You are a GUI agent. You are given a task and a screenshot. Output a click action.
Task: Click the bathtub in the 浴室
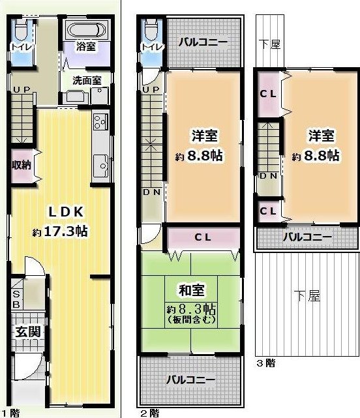tap(86, 30)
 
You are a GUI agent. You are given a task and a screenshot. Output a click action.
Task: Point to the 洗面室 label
tap(87, 80)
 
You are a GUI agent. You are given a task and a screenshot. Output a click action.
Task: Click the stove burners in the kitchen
tap(101, 121)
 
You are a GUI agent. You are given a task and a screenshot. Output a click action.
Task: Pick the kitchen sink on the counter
tap(101, 166)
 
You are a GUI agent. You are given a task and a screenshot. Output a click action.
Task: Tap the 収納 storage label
tap(22, 165)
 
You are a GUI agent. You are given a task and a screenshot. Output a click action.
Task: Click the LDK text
tap(66, 212)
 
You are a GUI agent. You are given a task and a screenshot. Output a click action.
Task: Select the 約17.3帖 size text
tap(60, 231)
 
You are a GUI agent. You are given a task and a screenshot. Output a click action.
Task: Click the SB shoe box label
tap(16, 299)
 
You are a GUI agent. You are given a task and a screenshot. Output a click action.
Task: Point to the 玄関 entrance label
tap(28, 331)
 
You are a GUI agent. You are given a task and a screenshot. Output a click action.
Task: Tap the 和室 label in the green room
tap(192, 290)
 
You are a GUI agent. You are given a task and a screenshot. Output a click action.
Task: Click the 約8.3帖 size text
tap(191, 309)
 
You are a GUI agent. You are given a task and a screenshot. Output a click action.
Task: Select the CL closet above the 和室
tap(203, 237)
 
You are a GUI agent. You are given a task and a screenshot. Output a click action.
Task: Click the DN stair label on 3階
tap(268, 175)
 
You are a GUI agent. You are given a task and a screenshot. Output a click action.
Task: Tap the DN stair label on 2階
tap(152, 192)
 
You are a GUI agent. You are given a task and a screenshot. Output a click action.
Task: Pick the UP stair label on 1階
tap(22, 89)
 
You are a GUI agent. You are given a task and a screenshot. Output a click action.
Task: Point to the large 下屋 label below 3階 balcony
tap(307, 295)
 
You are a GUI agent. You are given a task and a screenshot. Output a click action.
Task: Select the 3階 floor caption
tap(265, 363)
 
